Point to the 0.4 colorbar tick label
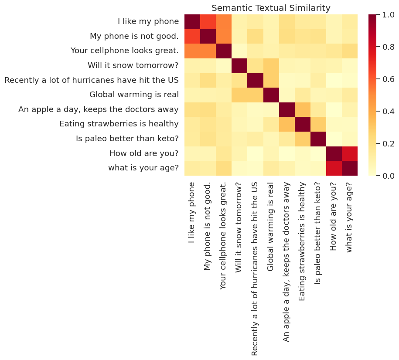click(386, 111)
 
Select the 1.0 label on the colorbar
click(386, 15)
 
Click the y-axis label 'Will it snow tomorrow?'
click(133, 65)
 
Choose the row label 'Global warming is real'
click(134, 95)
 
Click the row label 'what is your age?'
click(143, 168)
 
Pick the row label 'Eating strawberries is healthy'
click(119, 124)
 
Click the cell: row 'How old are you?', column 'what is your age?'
click(349, 153)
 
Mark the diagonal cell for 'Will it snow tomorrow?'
click(239, 65)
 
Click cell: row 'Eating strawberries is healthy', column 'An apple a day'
click(286, 124)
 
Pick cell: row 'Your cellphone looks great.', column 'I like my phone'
click(192, 51)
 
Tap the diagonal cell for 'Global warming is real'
click(270, 95)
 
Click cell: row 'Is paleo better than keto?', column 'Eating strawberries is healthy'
click(302, 139)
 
